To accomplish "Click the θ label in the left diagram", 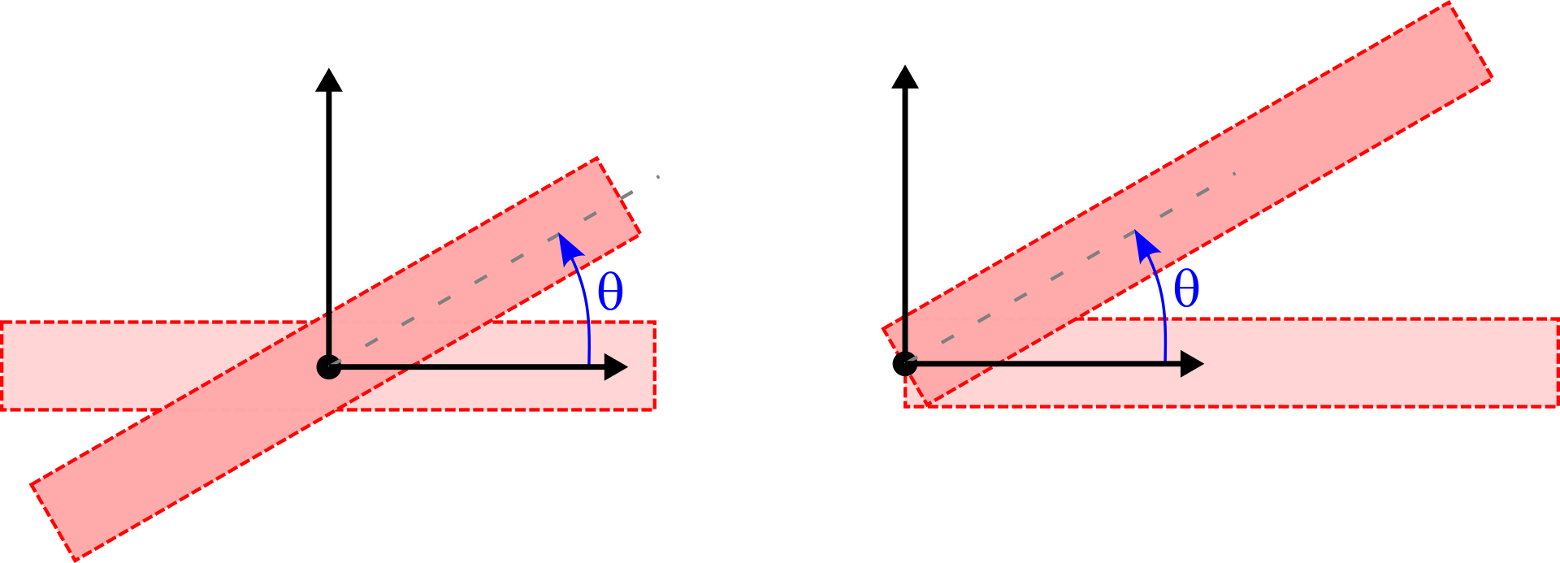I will pos(610,292).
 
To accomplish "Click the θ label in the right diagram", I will pos(1186,288).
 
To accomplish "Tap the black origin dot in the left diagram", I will pos(328,367).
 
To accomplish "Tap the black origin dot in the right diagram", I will pos(906,364).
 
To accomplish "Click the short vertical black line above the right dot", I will pos(906,333).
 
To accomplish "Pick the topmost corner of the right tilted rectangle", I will pos(1449,3).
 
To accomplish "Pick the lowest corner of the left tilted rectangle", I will pos(75,560).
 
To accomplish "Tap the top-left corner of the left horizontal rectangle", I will pos(2,323).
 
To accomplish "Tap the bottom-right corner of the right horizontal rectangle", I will pos(1557,406).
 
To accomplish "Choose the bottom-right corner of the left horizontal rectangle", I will pos(654,409).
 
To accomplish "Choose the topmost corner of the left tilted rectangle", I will pos(597,158).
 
